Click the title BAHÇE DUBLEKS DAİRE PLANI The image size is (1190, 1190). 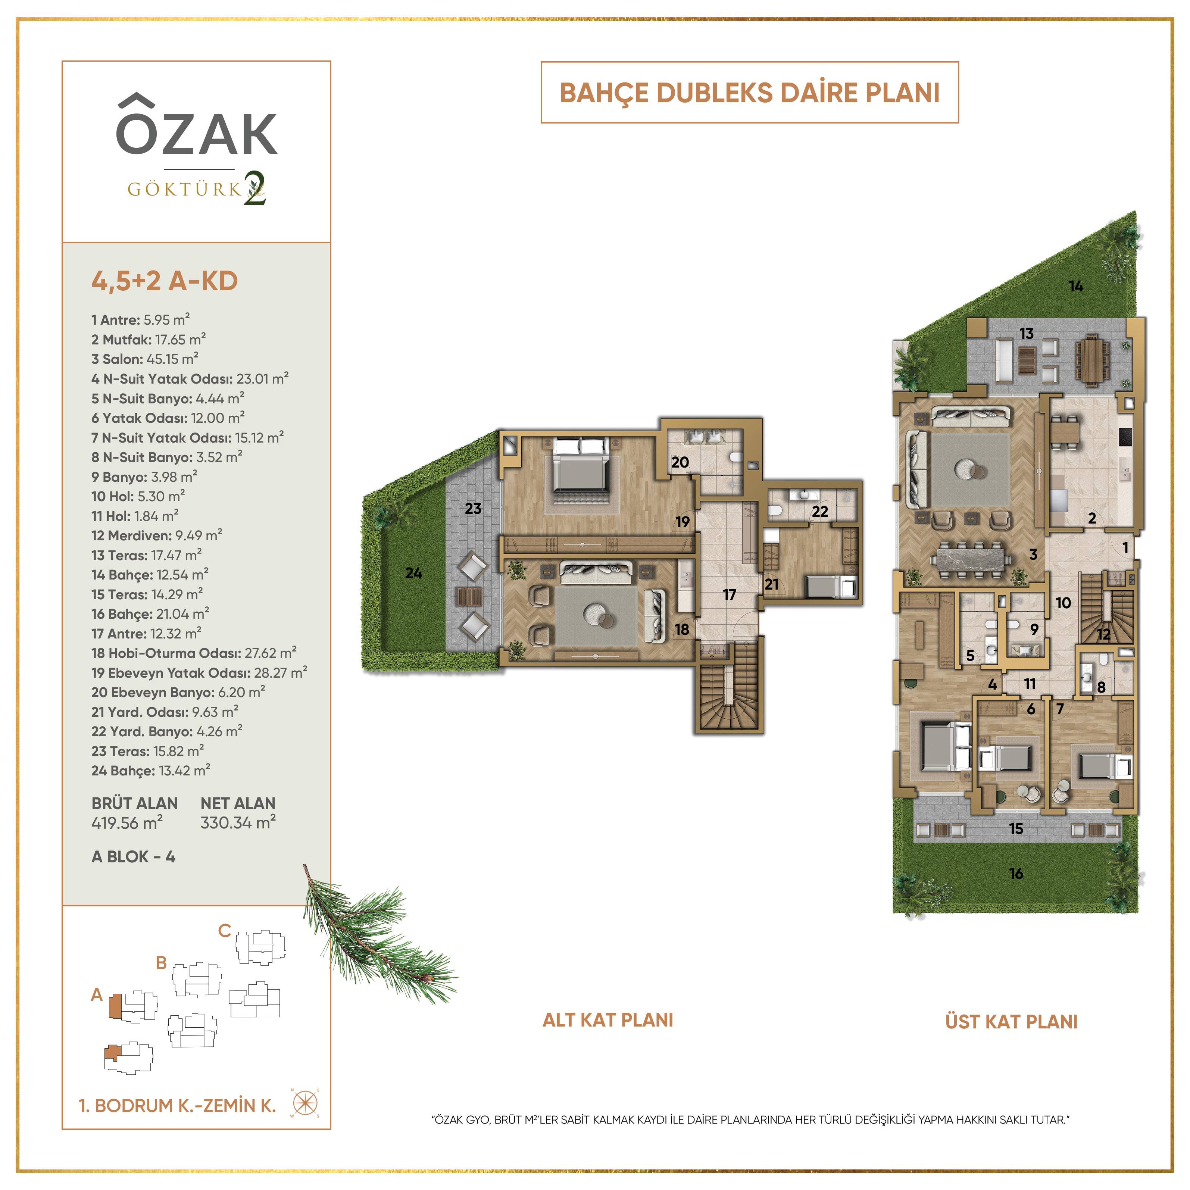point(750,93)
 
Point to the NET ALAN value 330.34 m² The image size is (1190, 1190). point(238,822)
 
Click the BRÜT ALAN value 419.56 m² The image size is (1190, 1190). point(127,822)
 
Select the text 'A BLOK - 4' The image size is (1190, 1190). point(133,857)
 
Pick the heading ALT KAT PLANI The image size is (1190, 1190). point(608,1020)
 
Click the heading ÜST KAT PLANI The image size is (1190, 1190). point(1011,1022)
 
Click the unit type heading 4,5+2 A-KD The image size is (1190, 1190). point(165,281)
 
